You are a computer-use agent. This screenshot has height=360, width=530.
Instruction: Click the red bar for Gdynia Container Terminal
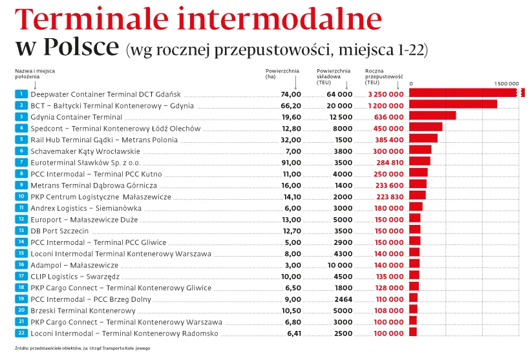(432, 116)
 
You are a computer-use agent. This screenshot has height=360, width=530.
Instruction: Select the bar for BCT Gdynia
(453, 105)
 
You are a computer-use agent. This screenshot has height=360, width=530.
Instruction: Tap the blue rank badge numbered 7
(21, 162)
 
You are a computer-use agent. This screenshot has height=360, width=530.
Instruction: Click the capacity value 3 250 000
(386, 94)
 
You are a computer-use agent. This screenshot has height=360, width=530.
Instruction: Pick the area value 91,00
(291, 162)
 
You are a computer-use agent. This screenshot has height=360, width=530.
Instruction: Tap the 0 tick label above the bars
(412, 84)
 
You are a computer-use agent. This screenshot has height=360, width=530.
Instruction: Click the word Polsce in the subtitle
(81, 47)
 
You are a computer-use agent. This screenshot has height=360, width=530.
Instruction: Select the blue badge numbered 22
(21, 334)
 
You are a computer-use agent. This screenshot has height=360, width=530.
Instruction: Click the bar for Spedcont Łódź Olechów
(426, 128)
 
